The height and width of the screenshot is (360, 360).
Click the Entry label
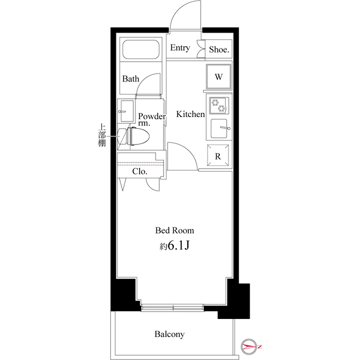(179, 48)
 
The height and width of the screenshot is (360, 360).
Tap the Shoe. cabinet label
(219, 49)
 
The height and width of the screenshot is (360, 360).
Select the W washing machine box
(219, 76)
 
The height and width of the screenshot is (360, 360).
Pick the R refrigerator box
(218, 156)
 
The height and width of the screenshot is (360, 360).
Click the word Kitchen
(191, 114)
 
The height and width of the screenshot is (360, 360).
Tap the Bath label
(131, 79)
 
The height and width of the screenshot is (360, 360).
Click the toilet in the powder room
(138, 137)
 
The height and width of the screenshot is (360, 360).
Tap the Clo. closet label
(139, 172)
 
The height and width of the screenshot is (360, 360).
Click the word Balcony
(169, 334)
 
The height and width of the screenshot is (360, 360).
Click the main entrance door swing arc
(186, 14)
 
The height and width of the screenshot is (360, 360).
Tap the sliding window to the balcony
(173, 307)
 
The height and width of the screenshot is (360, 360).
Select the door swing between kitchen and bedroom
(182, 156)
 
